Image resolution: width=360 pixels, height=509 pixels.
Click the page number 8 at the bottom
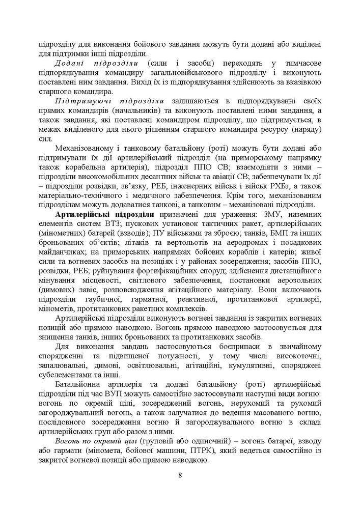point(180,475)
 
